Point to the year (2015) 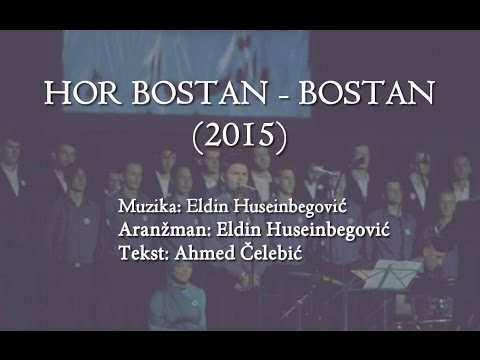point(241,135)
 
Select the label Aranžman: point(156,231)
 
